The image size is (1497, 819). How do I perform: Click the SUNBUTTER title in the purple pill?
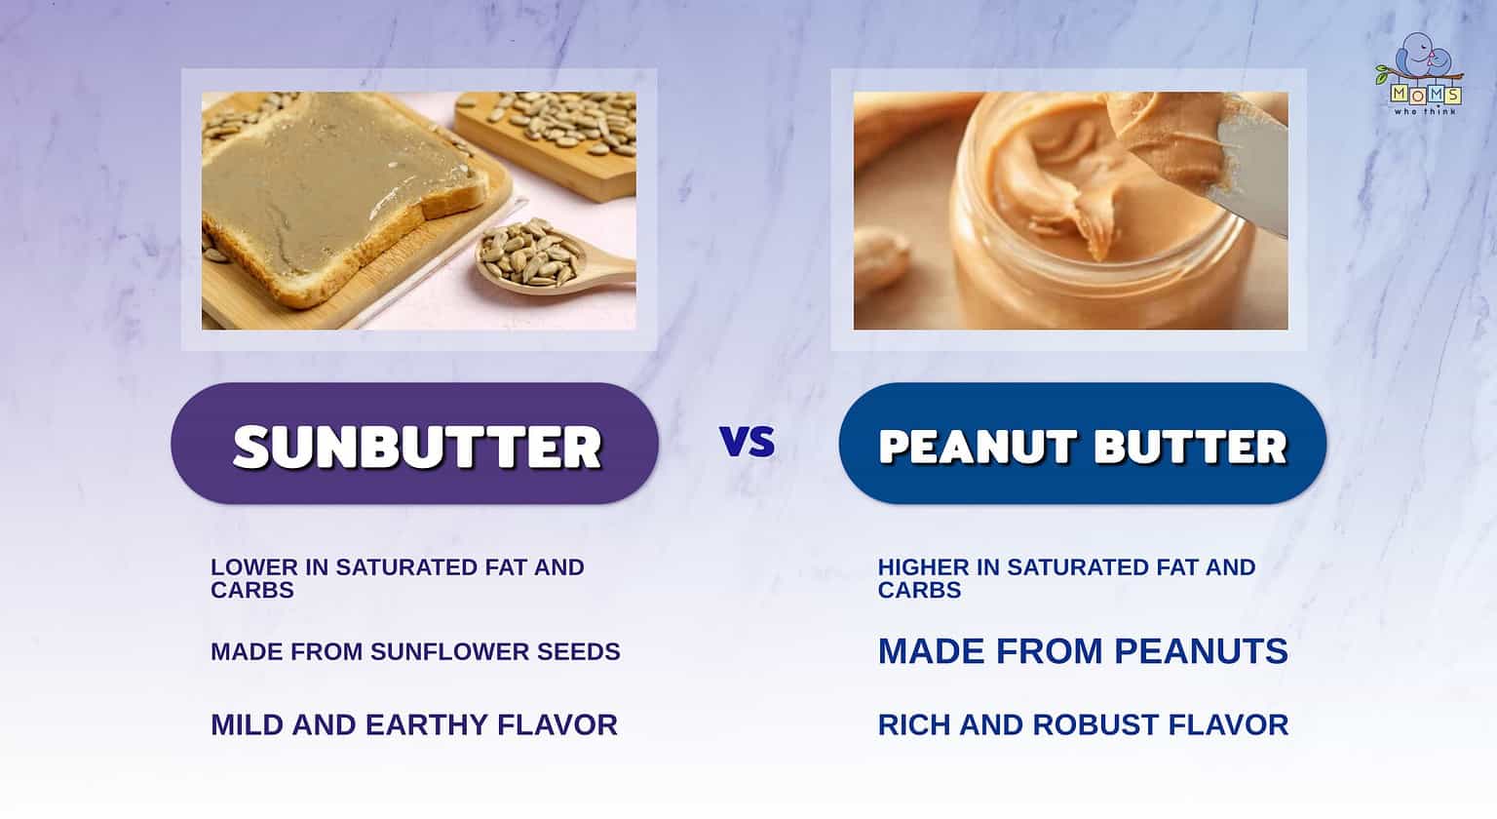(416, 447)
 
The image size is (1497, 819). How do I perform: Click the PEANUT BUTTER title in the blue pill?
(1083, 447)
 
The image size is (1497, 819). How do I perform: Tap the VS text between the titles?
(748, 442)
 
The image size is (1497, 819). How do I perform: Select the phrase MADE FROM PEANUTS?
(1083, 651)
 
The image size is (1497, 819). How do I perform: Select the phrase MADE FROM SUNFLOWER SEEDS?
(415, 651)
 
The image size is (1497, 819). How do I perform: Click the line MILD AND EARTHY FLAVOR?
(414, 724)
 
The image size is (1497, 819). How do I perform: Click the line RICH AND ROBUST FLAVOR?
(1083, 724)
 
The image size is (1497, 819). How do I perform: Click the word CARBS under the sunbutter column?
(251, 590)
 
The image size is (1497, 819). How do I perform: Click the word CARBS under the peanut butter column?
(919, 590)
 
